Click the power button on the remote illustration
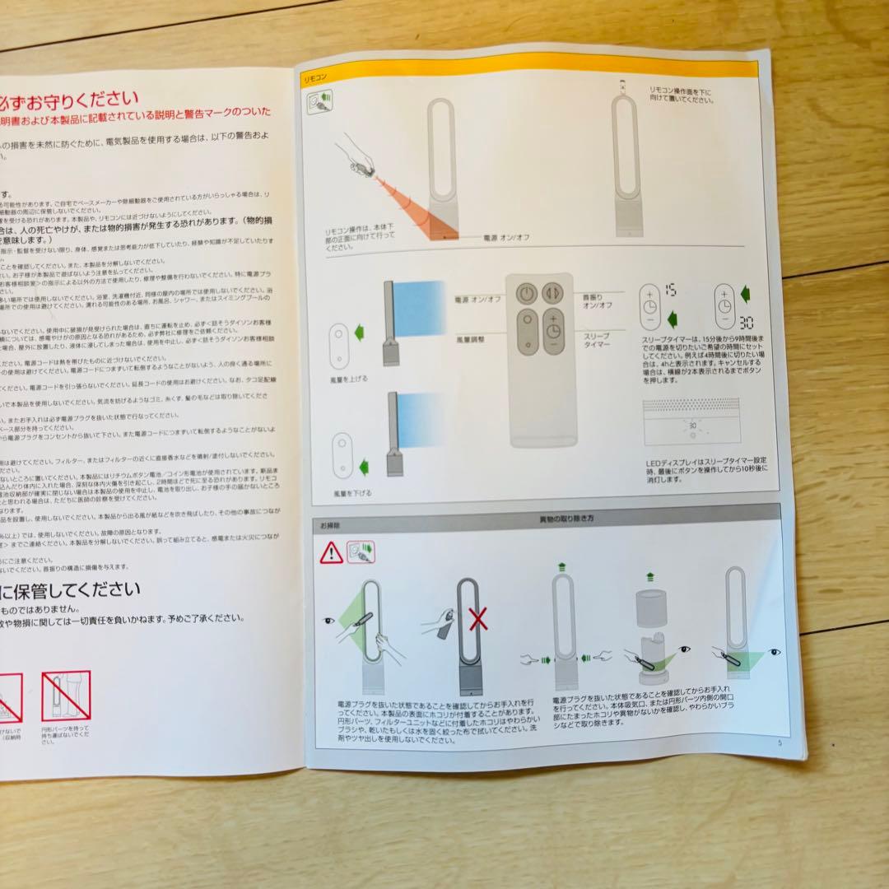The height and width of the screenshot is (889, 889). (528, 292)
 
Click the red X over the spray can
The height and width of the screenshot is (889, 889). (478, 619)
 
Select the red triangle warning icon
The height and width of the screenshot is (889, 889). (332, 552)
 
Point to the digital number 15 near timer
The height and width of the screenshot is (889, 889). (670, 289)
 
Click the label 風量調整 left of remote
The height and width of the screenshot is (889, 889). (470, 337)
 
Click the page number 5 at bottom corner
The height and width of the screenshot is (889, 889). (777, 741)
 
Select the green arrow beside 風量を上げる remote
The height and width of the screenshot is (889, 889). (359, 333)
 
